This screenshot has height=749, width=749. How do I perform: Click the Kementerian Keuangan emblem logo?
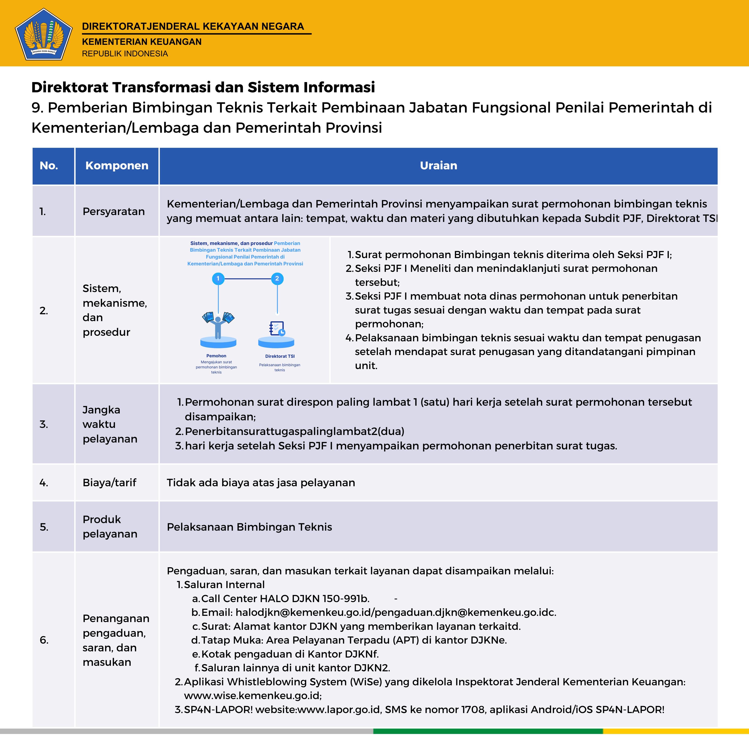(x=43, y=34)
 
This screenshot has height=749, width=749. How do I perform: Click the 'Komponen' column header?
(x=117, y=166)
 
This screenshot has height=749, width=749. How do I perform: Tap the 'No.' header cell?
(x=49, y=166)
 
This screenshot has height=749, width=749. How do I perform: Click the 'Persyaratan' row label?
(x=114, y=211)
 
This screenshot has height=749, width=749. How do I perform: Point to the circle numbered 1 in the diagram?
(x=218, y=278)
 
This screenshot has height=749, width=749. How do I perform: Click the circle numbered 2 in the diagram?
(x=277, y=278)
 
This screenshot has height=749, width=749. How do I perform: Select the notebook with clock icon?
(x=277, y=328)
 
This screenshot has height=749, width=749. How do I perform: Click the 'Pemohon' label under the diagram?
(x=216, y=356)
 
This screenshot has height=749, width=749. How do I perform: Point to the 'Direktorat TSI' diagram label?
(x=280, y=356)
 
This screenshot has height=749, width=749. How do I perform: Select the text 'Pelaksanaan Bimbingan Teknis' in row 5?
(x=249, y=527)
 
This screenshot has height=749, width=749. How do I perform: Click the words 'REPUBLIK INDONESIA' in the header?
(x=125, y=53)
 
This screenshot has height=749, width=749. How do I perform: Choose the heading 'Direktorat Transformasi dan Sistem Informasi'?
(x=203, y=87)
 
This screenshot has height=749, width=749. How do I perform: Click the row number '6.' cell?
(x=44, y=640)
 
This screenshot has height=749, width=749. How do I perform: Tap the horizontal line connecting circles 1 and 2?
(x=248, y=278)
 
